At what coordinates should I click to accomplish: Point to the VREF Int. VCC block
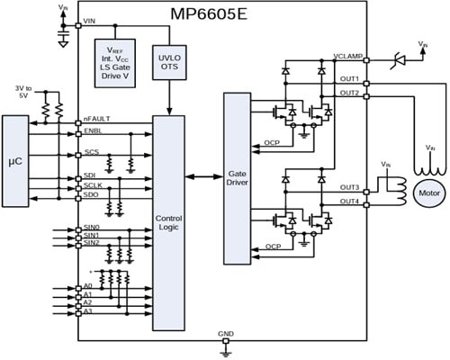pos(120,64)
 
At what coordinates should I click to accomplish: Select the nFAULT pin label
pos(96,119)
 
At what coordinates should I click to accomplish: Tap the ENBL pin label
pos(92,131)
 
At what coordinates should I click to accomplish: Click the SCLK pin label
pos(92,184)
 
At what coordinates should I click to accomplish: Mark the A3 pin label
pos(87,312)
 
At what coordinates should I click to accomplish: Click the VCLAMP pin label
pos(346,56)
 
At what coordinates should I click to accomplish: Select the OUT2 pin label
pos(350,93)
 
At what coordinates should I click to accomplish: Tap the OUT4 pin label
pos(350,201)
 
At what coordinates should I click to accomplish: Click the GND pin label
pos(226,333)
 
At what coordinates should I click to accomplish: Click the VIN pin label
pos(91,22)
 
